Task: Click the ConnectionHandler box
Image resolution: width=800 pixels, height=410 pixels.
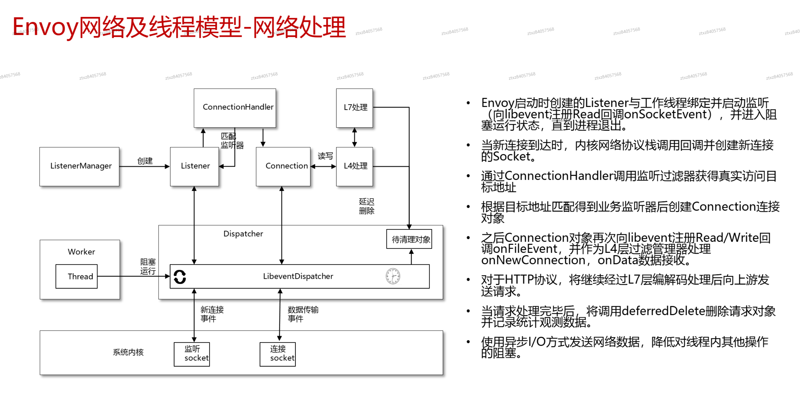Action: pyautogui.click(x=235, y=108)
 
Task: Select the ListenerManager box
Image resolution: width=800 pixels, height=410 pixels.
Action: pyautogui.click(x=80, y=166)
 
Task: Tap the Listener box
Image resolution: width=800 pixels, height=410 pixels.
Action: pyautogui.click(x=195, y=166)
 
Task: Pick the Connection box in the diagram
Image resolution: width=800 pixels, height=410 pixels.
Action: pyautogui.click(x=283, y=166)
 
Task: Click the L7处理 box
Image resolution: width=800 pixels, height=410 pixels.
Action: pyautogui.click(x=354, y=108)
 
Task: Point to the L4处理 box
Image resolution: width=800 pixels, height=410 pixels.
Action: pyautogui.click(x=354, y=166)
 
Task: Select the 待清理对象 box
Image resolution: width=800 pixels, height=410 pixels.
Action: pyautogui.click(x=409, y=239)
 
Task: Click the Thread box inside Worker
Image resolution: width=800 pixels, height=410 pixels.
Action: pyautogui.click(x=77, y=276)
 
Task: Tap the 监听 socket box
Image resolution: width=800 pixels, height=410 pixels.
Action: pyautogui.click(x=192, y=354)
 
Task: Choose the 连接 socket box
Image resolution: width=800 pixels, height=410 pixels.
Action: pyautogui.click(x=278, y=354)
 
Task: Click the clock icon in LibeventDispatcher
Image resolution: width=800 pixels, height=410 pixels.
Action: pyautogui.click(x=393, y=276)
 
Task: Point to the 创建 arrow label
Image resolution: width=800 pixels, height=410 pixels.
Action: pyautogui.click(x=145, y=161)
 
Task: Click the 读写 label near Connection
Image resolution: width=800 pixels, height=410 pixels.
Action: pyautogui.click(x=325, y=156)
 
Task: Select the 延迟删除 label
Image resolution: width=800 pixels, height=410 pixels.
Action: pyautogui.click(x=366, y=206)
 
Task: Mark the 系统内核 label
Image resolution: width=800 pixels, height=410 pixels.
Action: pyautogui.click(x=128, y=352)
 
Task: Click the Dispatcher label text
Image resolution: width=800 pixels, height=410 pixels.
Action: pyautogui.click(x=243, y=234)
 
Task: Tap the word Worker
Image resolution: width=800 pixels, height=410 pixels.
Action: pyautogui.click(x=81, y=252)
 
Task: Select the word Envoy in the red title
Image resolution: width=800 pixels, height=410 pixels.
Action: pyautogui.click(x=45, y=27)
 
